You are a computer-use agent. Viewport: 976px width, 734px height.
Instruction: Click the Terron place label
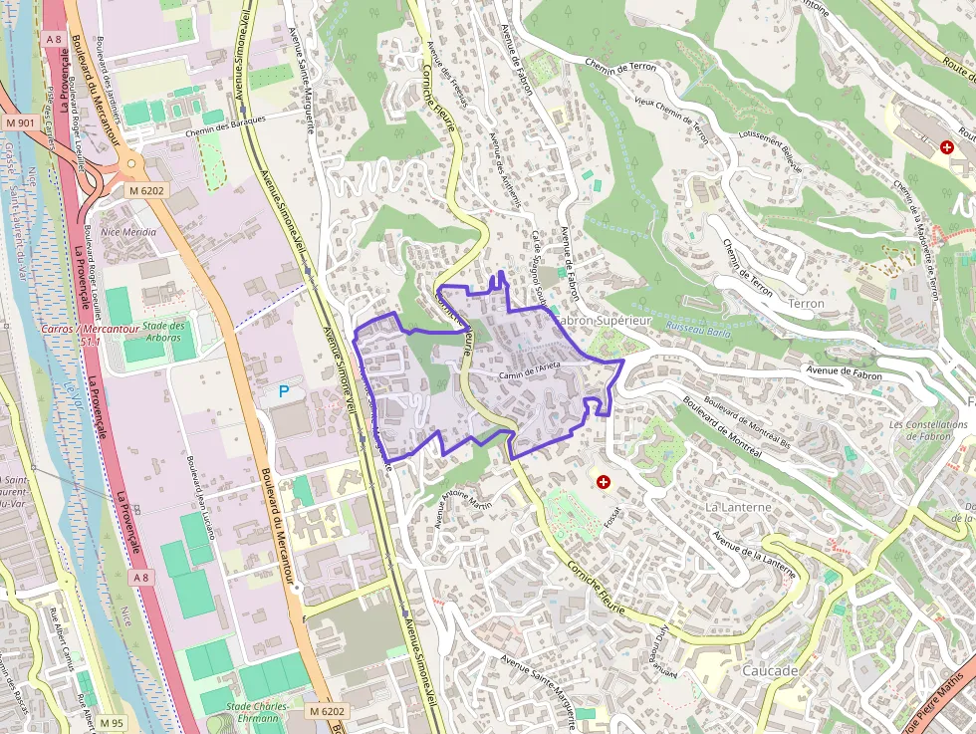(x=806, y=304)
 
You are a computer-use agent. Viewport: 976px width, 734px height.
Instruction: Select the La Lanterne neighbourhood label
(x=737, y=507)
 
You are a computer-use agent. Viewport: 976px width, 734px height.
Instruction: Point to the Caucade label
(x=770, y=671)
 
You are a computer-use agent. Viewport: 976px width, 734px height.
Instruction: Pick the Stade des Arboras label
(x=164, y=332)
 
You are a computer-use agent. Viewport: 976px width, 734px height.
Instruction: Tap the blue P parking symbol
(x=284, y=392)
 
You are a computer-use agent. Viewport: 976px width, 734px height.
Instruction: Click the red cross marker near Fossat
(x=603, y=482)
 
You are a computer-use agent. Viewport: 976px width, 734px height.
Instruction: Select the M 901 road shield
(x=19, y=122)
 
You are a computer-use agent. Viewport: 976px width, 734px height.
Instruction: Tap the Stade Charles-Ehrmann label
(x=258, y=711)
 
